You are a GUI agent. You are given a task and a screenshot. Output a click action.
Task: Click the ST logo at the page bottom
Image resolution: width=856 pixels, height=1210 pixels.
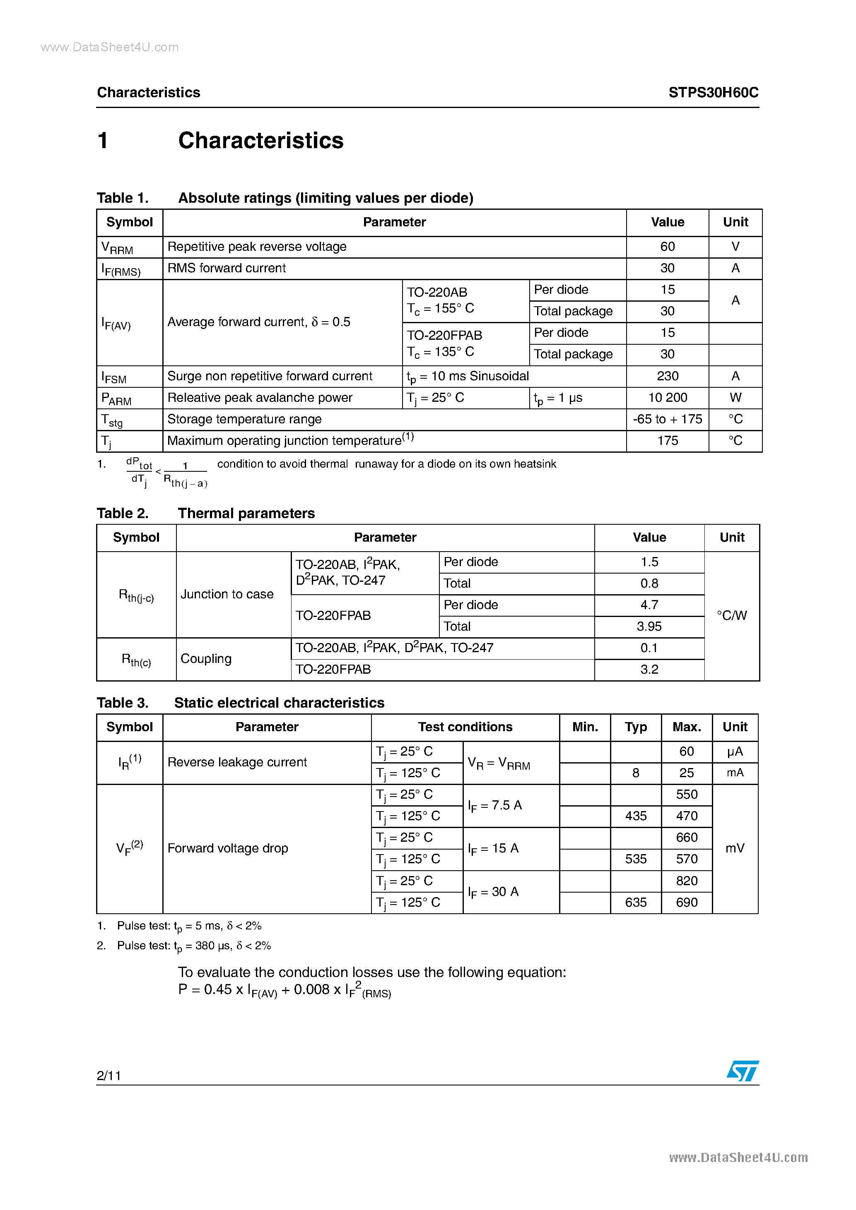(743, 1071)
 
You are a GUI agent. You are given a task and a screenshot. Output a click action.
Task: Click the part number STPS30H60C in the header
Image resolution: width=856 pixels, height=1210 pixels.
(713, 93)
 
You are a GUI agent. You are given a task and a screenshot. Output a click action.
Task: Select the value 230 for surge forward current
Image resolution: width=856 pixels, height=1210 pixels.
(667, 376)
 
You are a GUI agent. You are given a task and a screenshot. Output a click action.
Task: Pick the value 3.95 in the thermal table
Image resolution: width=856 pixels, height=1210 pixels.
(649, 626)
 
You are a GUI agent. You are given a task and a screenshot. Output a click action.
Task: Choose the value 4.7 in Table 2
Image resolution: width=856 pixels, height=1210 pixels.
(649, 605)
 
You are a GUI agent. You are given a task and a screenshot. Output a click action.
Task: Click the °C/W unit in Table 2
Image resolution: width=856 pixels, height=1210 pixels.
(731, 615)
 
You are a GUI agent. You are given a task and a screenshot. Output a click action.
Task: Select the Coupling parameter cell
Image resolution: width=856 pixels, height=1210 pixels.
(206, 659)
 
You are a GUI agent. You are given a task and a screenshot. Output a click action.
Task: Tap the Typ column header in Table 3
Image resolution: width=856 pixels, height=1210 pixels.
(636, 727)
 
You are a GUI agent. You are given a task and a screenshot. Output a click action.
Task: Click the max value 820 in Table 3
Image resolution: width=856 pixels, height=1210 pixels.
(686, 881)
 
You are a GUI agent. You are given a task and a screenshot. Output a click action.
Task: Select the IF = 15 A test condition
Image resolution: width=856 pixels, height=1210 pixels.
(493, 848)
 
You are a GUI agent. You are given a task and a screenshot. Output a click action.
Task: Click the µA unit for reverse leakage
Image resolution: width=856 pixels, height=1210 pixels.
(735, 751)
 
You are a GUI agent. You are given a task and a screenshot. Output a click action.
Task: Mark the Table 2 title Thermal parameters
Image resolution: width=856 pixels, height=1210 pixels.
(246, 513)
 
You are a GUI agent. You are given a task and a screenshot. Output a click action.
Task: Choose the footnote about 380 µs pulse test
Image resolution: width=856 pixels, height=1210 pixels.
(193, 946)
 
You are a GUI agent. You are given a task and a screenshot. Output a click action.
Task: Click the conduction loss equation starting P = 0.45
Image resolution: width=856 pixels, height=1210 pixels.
(285, 990)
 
